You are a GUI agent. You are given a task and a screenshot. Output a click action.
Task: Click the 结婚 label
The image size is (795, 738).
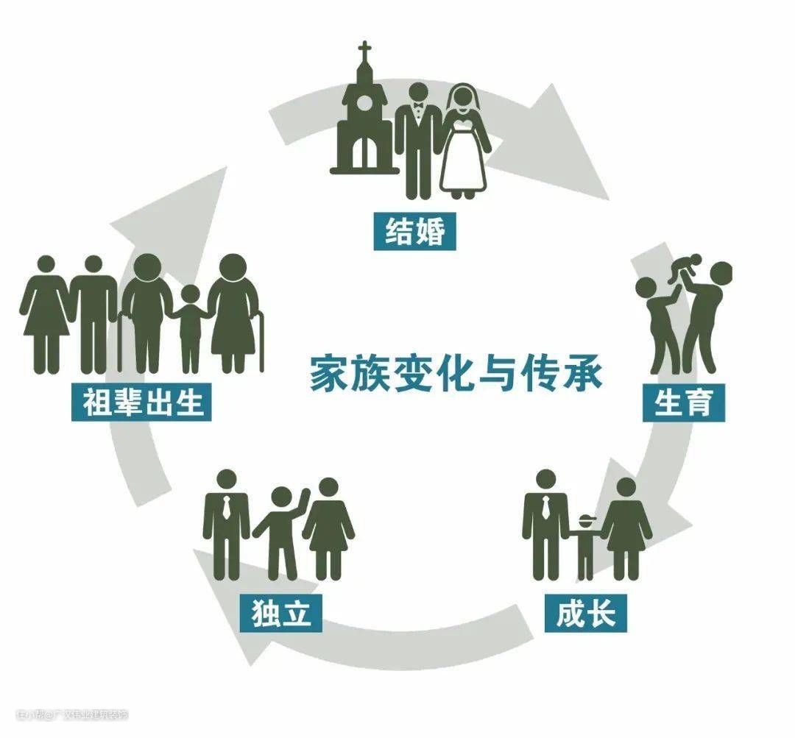(x=415, y=232)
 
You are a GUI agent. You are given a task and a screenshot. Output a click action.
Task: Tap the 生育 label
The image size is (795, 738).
(x=682, y=402)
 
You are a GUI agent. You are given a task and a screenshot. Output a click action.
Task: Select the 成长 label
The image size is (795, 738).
(x=585, y=612)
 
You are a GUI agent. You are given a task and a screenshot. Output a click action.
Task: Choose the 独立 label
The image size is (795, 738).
(x=281, y=612)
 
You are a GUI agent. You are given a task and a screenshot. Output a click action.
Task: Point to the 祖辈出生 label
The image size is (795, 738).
(x=142, y=402)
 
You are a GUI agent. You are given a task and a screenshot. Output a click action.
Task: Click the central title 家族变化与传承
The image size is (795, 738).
(x=456, y=373)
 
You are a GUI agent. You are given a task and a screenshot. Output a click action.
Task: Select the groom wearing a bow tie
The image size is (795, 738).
(x=418, y=140)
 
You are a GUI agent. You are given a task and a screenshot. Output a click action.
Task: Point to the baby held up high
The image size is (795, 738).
(x=684, y=269)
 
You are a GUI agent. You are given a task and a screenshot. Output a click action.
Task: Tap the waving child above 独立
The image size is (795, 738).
(x=280, y=526)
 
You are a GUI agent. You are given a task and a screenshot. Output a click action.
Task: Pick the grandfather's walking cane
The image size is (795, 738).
(x=120, y=342)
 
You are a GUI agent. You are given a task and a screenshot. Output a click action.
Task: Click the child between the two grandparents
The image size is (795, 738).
(x=190, y=327)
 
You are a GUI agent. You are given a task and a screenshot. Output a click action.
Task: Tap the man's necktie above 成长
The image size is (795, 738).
(x=545, y=508)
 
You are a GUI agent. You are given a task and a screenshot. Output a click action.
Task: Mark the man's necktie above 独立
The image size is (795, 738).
(x=227, y=508)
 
